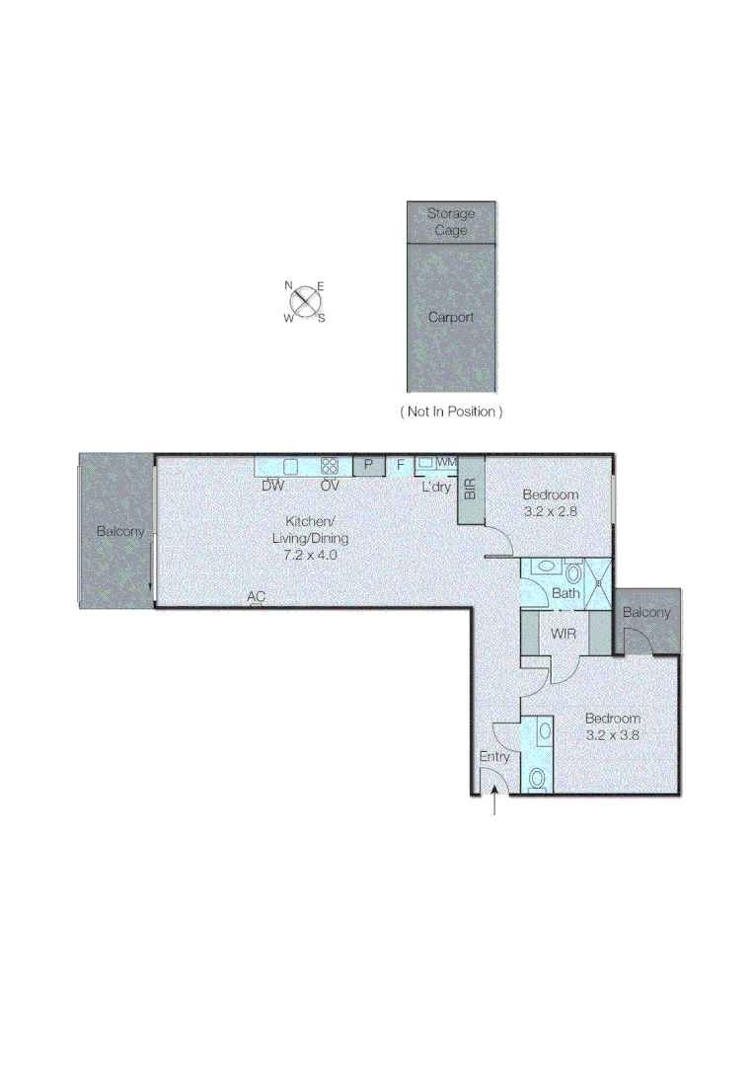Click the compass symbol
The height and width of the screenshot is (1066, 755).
click(x=306, y=301)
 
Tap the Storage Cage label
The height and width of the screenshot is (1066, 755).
click(x=451, y=221)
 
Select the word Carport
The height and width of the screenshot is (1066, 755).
click(x=451, y=317)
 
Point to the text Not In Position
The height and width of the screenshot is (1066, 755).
click(x=451, y=411)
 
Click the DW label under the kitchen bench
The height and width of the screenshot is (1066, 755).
click(x=273, y=486)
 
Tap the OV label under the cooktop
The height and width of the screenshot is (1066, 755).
click(x=330, y=486)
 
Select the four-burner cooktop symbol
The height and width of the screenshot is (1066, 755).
click(x=330, y=466)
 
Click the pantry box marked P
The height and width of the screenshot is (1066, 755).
click(x=369, y=465)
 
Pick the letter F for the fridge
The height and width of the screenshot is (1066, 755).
click(x=401, y=465)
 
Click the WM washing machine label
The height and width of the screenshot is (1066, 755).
click(x=447, y=461)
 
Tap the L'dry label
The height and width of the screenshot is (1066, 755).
click(x=436, y=486)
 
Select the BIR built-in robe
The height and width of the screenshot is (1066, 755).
click(x=471, y=489)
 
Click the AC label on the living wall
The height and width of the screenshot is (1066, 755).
click(x=257, y=596)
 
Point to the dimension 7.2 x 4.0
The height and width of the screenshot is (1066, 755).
click(x=310, y=555)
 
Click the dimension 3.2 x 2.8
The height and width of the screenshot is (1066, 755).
click(x=550, y=511)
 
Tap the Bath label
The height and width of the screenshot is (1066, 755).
click(x=566, y=593)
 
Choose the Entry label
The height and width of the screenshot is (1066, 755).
click(x=494, y=757)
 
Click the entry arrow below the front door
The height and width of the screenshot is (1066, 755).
click(x=494, y=804)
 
